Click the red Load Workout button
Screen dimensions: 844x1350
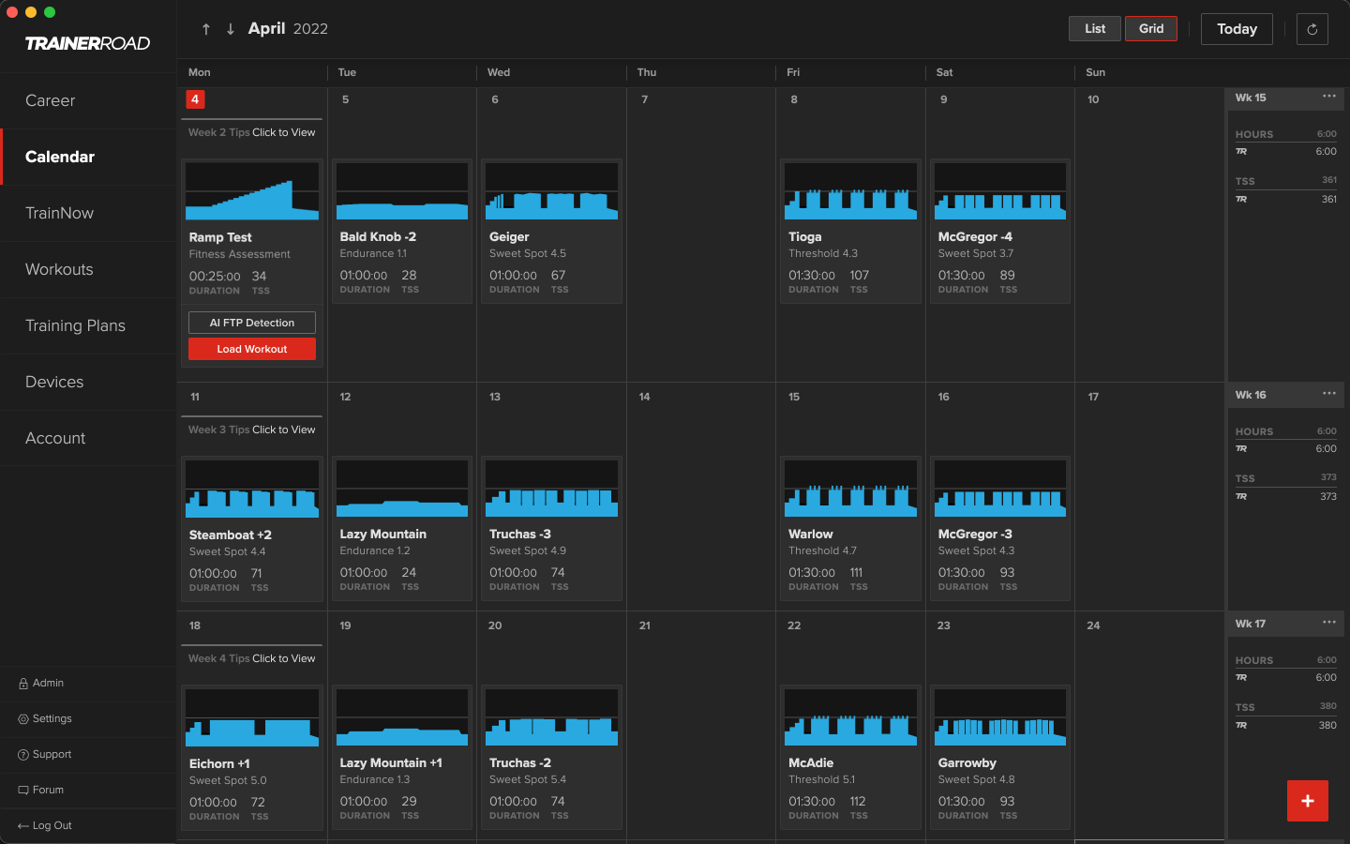coord(251,349)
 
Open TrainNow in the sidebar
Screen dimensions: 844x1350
coord(59,213)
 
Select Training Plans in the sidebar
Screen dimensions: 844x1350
coord(75,325)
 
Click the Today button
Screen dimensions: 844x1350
coord(1236,29)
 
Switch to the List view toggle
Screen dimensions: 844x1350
coord(1095,29)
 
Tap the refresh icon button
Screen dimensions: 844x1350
coord(1312,29)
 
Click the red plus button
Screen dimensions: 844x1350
coord(1307,801)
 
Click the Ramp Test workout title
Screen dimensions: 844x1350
coord(220,237)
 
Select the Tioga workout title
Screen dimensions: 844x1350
coord(804,237)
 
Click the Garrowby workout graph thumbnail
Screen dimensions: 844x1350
coord(999,717)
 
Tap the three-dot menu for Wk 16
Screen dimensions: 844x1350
coord(1328,394)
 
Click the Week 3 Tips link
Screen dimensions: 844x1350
coord(251,430)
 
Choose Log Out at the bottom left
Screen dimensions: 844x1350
coord(52,825)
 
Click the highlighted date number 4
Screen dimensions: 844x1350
coord(195,99)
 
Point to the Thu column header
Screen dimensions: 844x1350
coord(647,72)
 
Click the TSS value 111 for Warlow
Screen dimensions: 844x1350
coord(856,573)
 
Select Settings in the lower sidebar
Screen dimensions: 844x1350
coord(52,718)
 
